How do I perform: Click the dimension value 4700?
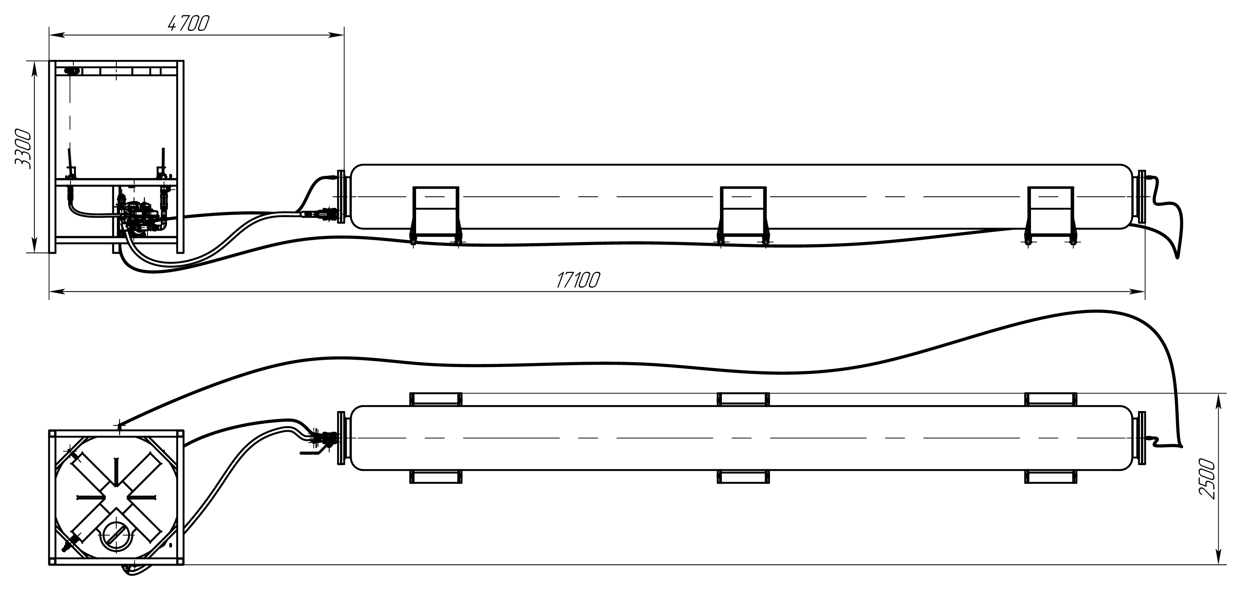tap(188, 24)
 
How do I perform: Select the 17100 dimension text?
tap(578, 280)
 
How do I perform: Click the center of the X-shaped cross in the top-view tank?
tap(116, 498)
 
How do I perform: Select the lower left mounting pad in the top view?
tap(436, 477)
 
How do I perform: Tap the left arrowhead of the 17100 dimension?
tap(57, 291)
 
